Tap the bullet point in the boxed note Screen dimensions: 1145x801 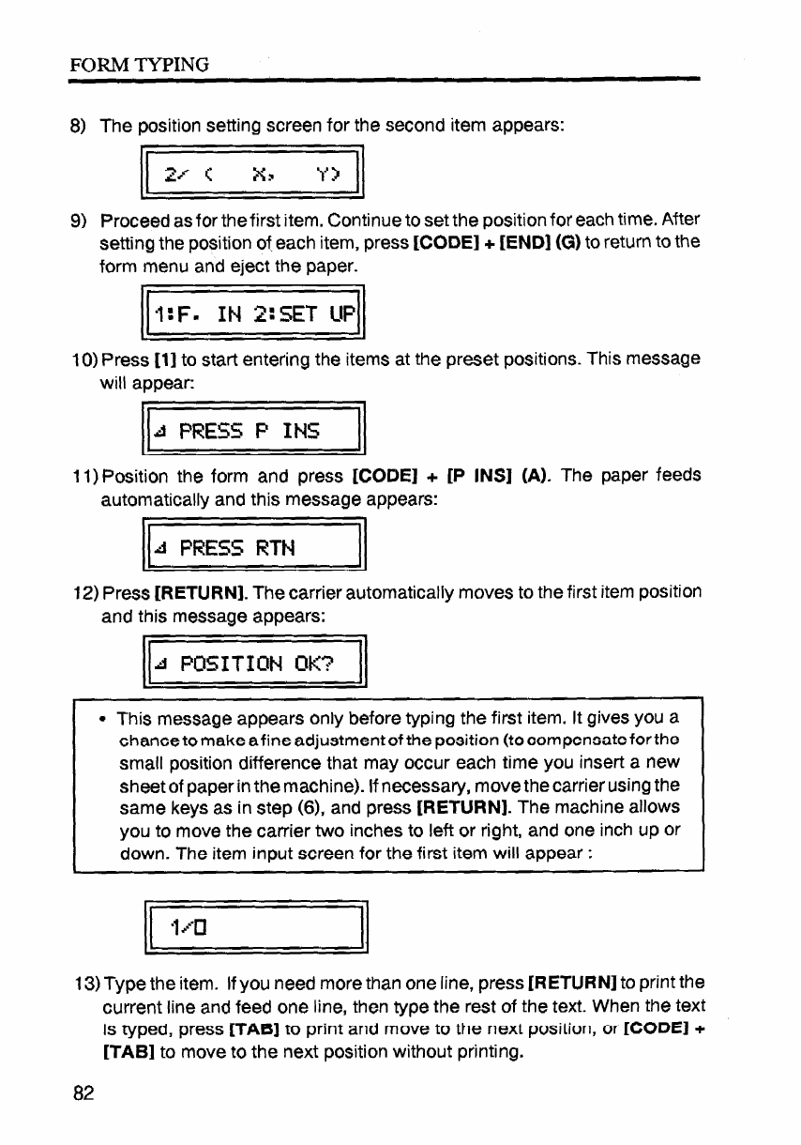pos(100,721)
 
